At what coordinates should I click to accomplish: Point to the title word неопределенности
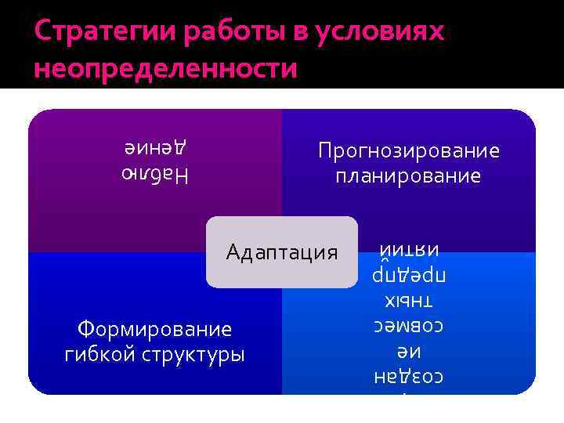click(x=166, y=68)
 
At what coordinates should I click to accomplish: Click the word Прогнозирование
click(x=409, y=150)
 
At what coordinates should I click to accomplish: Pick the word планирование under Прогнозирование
click(x=409, y=176)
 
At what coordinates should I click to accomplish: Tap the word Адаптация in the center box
click(x=281, y=252)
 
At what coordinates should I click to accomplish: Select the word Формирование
click(x=154, y=327)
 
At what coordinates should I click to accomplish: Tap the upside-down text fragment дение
click(x=156, y=146)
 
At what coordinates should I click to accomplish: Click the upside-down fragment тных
click(x=408, y=301)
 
